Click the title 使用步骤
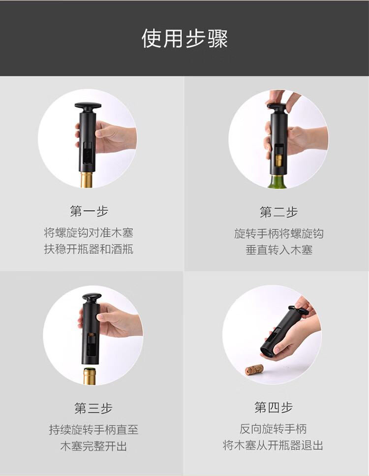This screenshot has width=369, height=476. [x=184, y=38]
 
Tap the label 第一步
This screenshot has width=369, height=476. [x=89, y=211]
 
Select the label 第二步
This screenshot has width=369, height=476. [x=278, y=212]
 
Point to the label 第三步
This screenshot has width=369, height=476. [x=93, y=408]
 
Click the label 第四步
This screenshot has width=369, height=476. [x=274, y=407]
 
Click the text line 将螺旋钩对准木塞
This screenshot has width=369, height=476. [x=89, y=233]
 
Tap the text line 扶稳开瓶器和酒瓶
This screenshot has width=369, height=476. [x=89, y=249]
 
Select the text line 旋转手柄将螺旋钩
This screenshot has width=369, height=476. [x=278, y=233]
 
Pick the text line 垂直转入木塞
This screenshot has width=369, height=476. [x=279, y=250]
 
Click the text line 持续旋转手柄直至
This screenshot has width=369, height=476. [x=93, y=430]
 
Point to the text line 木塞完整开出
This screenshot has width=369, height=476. [x=93, y=446]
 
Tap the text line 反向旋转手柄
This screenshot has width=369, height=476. [x=273, y=429]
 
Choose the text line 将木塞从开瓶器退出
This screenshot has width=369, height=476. [x=273, y=445]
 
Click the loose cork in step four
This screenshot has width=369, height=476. [x=254, y=369]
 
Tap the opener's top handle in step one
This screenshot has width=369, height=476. [x=88, y=106]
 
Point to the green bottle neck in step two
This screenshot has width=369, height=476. [x=277, y=182]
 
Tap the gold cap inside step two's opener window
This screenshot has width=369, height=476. [x=279, y=160]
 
